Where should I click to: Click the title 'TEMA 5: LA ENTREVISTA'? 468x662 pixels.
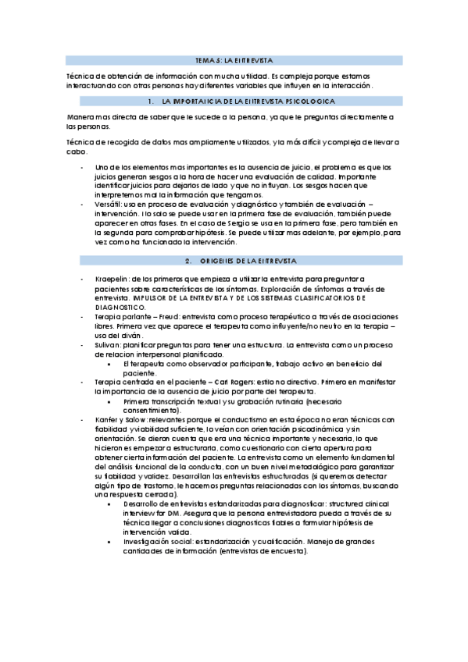[234, 59]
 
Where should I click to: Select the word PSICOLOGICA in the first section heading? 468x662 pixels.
[311, 102]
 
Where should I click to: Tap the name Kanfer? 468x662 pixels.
[107, 419]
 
